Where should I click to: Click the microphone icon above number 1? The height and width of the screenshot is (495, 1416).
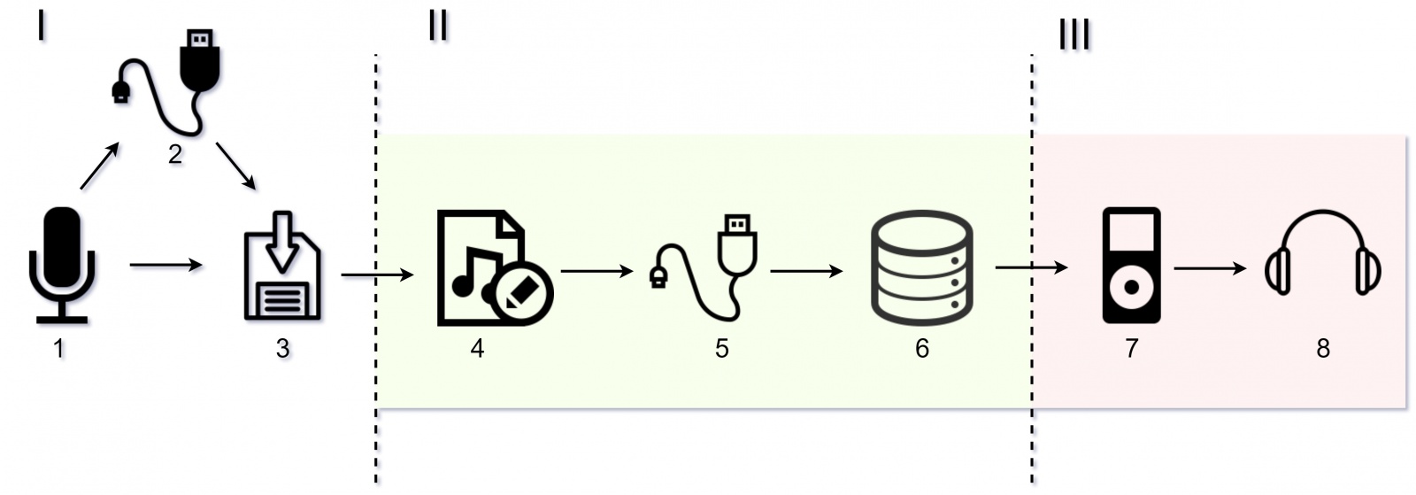point(60,264)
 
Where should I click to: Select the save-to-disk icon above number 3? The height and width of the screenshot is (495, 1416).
point(282,266)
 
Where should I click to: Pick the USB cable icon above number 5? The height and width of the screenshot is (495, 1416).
point(708,266)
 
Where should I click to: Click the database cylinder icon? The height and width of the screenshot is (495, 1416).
point(921,267)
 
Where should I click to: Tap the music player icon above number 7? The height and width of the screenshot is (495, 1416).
point(1130,265)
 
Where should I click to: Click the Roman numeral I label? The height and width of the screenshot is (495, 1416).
point(41,27)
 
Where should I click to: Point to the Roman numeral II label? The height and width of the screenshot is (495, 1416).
point(437,27)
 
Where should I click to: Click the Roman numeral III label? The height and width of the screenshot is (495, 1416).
point(1074,36)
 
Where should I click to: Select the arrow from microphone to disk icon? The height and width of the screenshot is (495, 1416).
point(165,265)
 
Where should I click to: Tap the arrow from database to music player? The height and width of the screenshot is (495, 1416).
point(1031,267)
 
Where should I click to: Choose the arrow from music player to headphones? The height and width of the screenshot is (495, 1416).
point(1209,267)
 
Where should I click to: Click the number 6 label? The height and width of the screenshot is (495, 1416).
point(921,349)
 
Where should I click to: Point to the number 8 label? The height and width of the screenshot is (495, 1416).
point(1322,349)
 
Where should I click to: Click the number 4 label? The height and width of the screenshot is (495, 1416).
point(477,349)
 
